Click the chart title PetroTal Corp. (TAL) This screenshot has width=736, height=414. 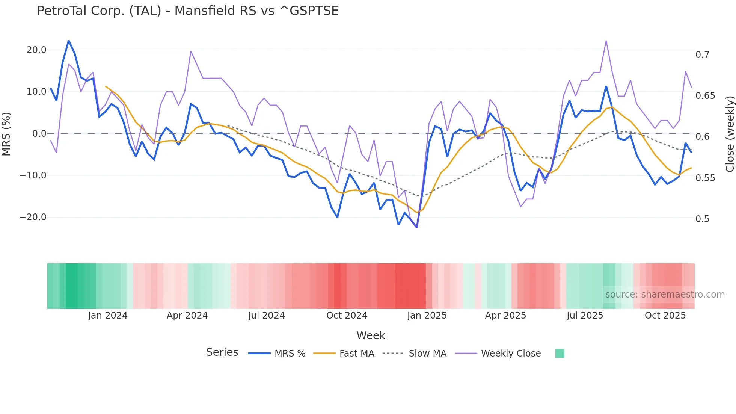pyautogui.click(x=187, y=11)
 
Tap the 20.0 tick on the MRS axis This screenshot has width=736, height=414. pyautogui.click(x=36, y=50)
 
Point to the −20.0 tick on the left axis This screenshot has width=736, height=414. pyautogui.click(x=33, y=217)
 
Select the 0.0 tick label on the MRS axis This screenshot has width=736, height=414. pyautogui.click(x=39, y=134)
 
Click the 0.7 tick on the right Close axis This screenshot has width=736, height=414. pyautogui.click(x=702, y=55)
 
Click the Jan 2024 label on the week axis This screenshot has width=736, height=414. pyautogui.click(x=108, y=316)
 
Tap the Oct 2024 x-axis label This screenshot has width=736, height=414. pyautogui.click(x=347, y=316)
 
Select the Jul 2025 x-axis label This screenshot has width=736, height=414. pyautogui.click(x=585, y=316)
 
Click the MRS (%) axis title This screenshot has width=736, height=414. pyautogui.click(x=6, y=134)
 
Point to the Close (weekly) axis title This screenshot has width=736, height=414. pyautogui.click(x=730, y=134)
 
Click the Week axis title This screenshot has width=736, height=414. pyautogui.click(x=371, y=335)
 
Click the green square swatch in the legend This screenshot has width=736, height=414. pyautogui.click(x=560, y=353)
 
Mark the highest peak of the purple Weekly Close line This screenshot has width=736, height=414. pyautogui.click(x=606, y=41)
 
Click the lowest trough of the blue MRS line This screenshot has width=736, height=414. pyautogui.click(x=417, y=227)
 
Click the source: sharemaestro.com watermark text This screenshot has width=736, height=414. pyautogui.click(x=665, y=295)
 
